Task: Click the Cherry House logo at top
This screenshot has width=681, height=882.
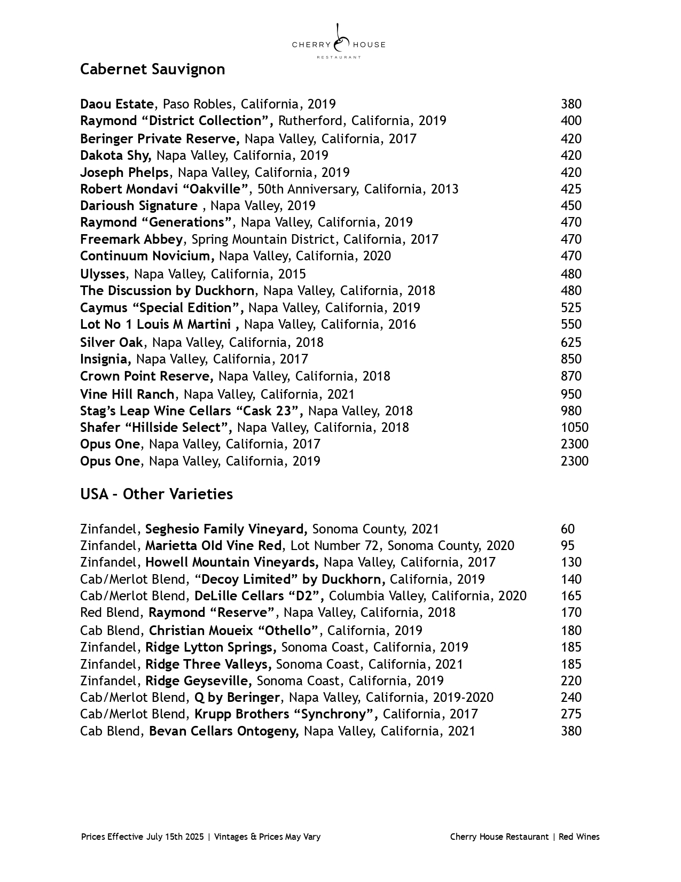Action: click(339, 42)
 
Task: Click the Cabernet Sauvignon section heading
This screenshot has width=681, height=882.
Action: click(152, 69)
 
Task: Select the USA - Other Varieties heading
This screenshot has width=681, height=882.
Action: click(156, 494)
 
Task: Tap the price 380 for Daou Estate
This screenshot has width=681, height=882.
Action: click(571, 104)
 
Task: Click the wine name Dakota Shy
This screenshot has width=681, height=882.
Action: click(115, 156)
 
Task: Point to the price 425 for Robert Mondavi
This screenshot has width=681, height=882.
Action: click(571, 189)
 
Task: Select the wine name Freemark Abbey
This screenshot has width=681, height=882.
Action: click(131, 239)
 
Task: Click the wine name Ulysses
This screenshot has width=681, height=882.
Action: click(103, 274)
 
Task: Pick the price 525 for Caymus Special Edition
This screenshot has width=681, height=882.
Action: click(571, 308)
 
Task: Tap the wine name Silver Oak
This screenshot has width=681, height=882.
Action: click(112, 343)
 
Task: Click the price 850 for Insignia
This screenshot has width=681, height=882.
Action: click(571, 359)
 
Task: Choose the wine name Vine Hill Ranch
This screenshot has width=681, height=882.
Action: click(127, 394)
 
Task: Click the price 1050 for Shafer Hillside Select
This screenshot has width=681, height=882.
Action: click(574, 428)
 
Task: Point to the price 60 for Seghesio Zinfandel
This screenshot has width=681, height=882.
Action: click(567, 529)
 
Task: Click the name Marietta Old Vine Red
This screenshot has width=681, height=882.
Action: click(213, 546)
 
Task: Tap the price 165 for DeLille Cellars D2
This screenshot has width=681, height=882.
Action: click(571, 596)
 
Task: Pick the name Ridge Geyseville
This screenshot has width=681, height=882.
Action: click(198, 681)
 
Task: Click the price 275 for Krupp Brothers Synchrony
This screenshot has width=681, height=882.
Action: click(571, 714)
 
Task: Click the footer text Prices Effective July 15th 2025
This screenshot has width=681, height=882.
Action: click(143, 837)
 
